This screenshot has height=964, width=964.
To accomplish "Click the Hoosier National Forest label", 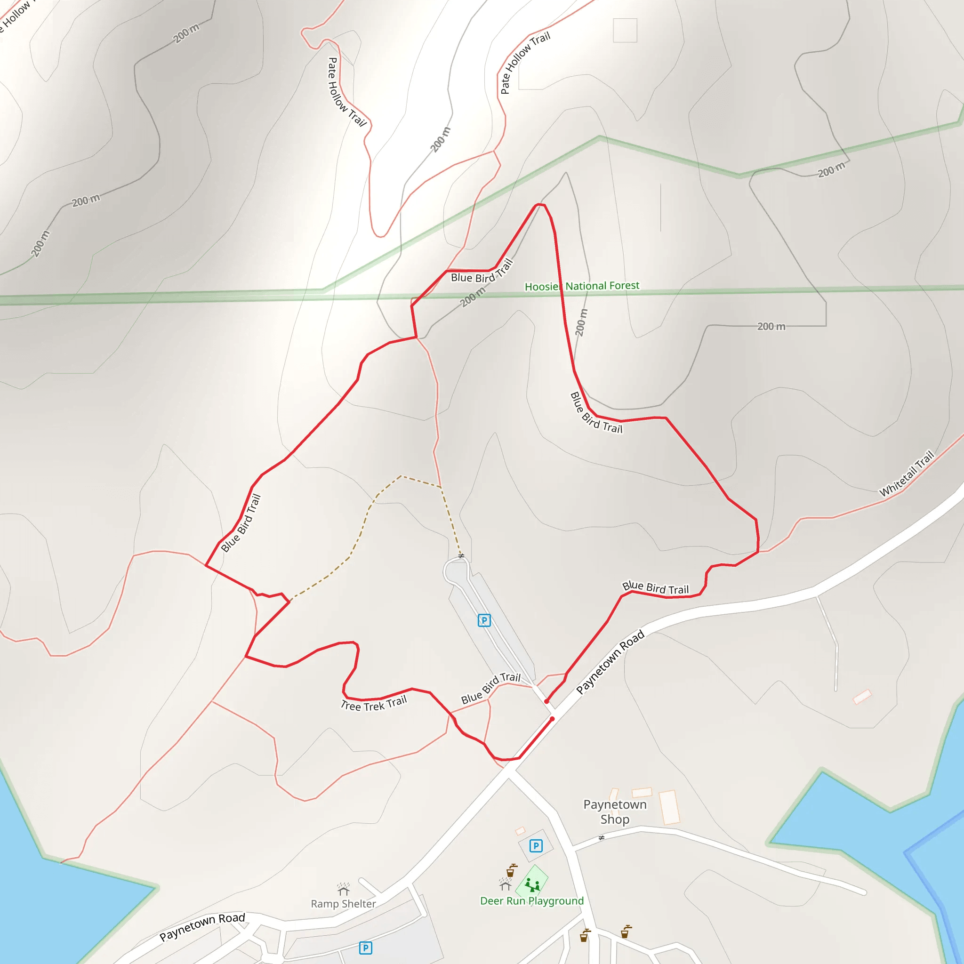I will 582,286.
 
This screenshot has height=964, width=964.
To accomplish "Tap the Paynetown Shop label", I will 615,812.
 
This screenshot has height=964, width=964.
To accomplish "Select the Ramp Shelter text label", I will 343,904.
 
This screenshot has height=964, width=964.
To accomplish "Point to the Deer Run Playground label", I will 531,900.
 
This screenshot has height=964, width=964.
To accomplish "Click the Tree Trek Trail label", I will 374,704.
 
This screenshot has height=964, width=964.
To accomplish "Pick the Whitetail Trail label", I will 906,474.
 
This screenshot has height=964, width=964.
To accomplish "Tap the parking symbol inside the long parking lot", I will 484,620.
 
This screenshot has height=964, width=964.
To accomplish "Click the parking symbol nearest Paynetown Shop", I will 536,846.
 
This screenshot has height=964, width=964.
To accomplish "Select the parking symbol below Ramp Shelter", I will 365,948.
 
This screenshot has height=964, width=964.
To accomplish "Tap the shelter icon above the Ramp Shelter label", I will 343,889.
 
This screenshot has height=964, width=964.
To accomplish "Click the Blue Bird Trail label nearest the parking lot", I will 490,688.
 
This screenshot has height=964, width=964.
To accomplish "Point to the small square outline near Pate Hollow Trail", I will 625,30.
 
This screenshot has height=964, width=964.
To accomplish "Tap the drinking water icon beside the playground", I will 511,871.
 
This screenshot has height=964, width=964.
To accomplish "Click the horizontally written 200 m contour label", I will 771,326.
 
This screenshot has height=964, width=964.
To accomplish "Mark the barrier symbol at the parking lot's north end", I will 461,555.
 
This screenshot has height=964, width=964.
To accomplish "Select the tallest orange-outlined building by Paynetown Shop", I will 669,807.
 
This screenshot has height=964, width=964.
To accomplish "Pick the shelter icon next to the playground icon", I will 505,884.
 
